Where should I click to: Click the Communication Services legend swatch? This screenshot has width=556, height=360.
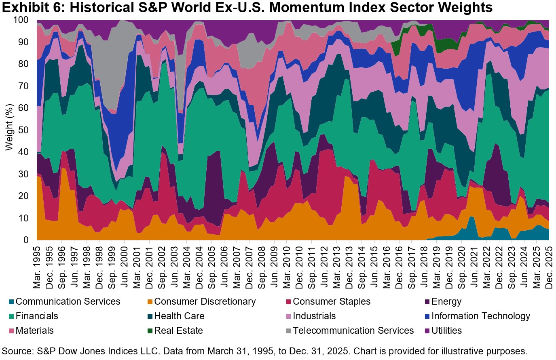click(11, 302)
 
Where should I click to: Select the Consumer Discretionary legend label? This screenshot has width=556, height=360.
click(205, 302)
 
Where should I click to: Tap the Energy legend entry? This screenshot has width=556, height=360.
click(446, 302)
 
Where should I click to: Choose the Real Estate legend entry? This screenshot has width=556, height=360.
click(178, 331)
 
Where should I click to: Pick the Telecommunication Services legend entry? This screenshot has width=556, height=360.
click(353, 331)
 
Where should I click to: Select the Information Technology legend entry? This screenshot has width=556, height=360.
click(480, 316)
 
